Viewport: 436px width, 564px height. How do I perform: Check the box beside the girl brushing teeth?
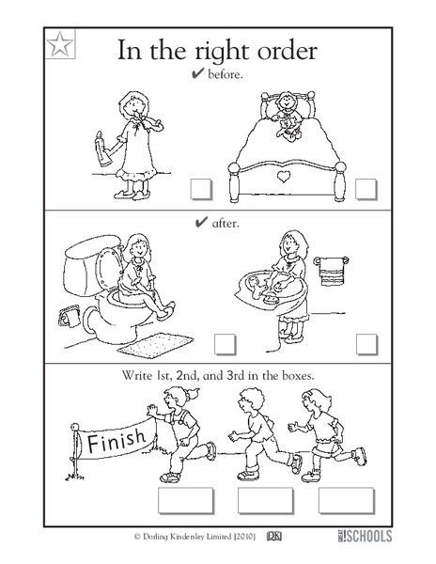coord(199,190)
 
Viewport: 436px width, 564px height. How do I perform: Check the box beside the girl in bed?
coord(366,190)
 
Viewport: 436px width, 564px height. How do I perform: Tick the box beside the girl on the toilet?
coord(223,342)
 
